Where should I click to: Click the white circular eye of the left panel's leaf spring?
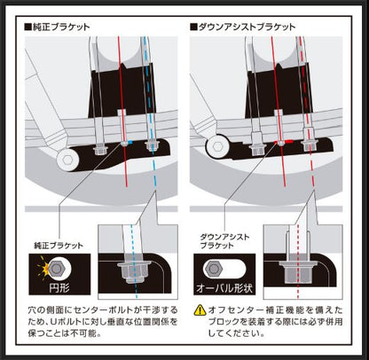click(x=66, y=159)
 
